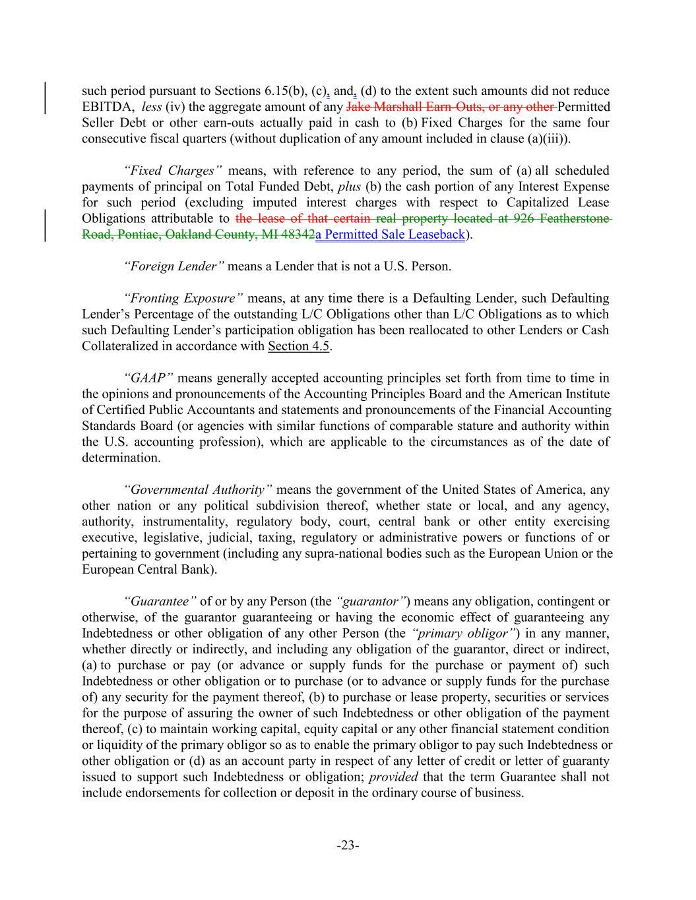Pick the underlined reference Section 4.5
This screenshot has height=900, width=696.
[298, 346]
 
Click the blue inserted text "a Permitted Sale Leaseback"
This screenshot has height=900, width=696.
[390, 235]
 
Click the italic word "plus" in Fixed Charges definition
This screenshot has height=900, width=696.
[349, 187]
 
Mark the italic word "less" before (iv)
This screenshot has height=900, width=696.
[152, 107]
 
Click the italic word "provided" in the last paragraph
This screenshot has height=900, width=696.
[393, 777]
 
